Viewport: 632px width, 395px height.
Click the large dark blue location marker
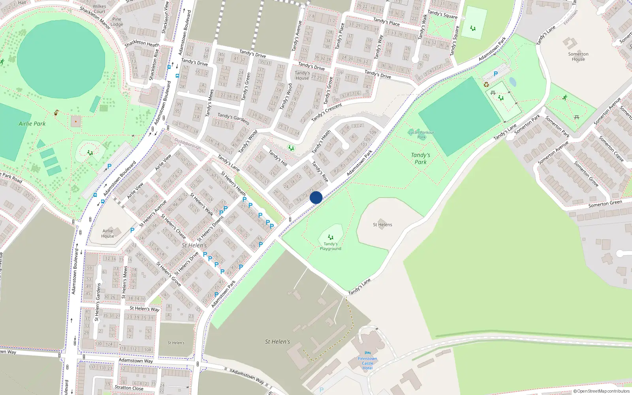click(316, 197)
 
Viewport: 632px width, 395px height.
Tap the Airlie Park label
click(32, 124)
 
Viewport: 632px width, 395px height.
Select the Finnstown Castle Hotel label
click(367, 363)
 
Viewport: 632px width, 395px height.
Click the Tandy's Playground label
click(331, 246)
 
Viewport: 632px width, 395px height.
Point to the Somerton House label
click(578, 56)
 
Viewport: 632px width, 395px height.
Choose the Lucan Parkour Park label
click(421, 135)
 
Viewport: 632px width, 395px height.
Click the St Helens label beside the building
click(382, 225)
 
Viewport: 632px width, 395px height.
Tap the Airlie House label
click(107, 233)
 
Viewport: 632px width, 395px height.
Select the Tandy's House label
click(302, 75)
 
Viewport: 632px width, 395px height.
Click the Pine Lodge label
click(117, 21)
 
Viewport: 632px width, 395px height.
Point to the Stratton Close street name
click(129, 387)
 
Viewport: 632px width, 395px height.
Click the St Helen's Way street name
click(145, 308)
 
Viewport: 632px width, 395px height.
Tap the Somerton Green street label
click(605, 204)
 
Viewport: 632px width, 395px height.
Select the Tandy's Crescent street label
click(326, 113)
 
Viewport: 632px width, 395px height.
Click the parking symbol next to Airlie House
click(132, 230)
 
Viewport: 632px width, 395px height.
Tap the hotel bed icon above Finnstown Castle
click(368, 353)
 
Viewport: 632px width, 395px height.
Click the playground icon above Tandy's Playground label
click(331, 237)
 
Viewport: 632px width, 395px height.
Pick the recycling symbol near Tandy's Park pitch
click(486, 84)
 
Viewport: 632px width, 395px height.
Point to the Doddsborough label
click(188, 143)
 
